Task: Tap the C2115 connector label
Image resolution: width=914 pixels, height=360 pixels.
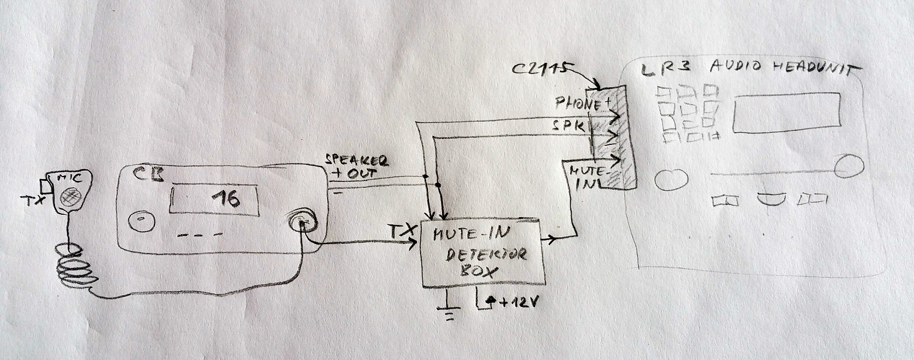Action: click(x=538, y=69)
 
